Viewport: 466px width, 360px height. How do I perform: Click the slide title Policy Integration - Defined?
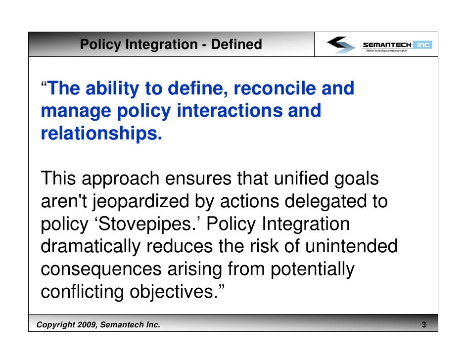pyautogui.click(x=171, y=45)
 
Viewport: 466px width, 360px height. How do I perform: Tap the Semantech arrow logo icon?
pyautogui.click(x=341, y=45)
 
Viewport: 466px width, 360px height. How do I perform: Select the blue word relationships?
pyautogui.click(x=101, y=133)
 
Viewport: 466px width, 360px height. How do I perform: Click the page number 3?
pyautogui.click(x=424, y=325)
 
